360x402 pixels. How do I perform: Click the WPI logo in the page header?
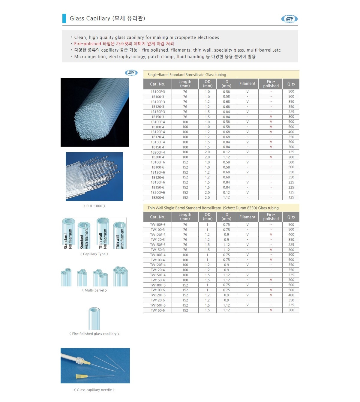(289, 19)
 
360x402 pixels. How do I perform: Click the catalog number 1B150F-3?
(158, 112)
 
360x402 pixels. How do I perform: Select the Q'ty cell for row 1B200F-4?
(291, 152)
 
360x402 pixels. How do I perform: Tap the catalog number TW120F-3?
(158, 235)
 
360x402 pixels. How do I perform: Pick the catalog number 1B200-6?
(158, 198)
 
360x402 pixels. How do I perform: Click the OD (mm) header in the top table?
(207, 84)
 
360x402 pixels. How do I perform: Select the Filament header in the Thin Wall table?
(247, 217)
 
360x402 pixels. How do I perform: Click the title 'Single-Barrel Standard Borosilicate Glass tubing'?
(187, 75)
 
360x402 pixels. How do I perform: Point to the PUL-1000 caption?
(94, 206)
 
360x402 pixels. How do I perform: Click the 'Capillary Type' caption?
(94, 254)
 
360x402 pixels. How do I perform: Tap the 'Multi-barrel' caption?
(94, 290)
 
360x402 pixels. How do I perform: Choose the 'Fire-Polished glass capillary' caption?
(94, 334)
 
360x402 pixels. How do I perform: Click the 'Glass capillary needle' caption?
(94, 390)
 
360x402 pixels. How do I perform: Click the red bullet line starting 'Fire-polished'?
(124, 44)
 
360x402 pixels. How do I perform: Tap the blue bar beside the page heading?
(64, 18)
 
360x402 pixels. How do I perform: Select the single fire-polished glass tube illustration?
(94, 318)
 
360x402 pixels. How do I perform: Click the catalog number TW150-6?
(158, 310)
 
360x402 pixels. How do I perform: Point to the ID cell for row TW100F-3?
(226, 225)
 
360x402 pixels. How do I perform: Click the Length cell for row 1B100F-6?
(185, 162)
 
